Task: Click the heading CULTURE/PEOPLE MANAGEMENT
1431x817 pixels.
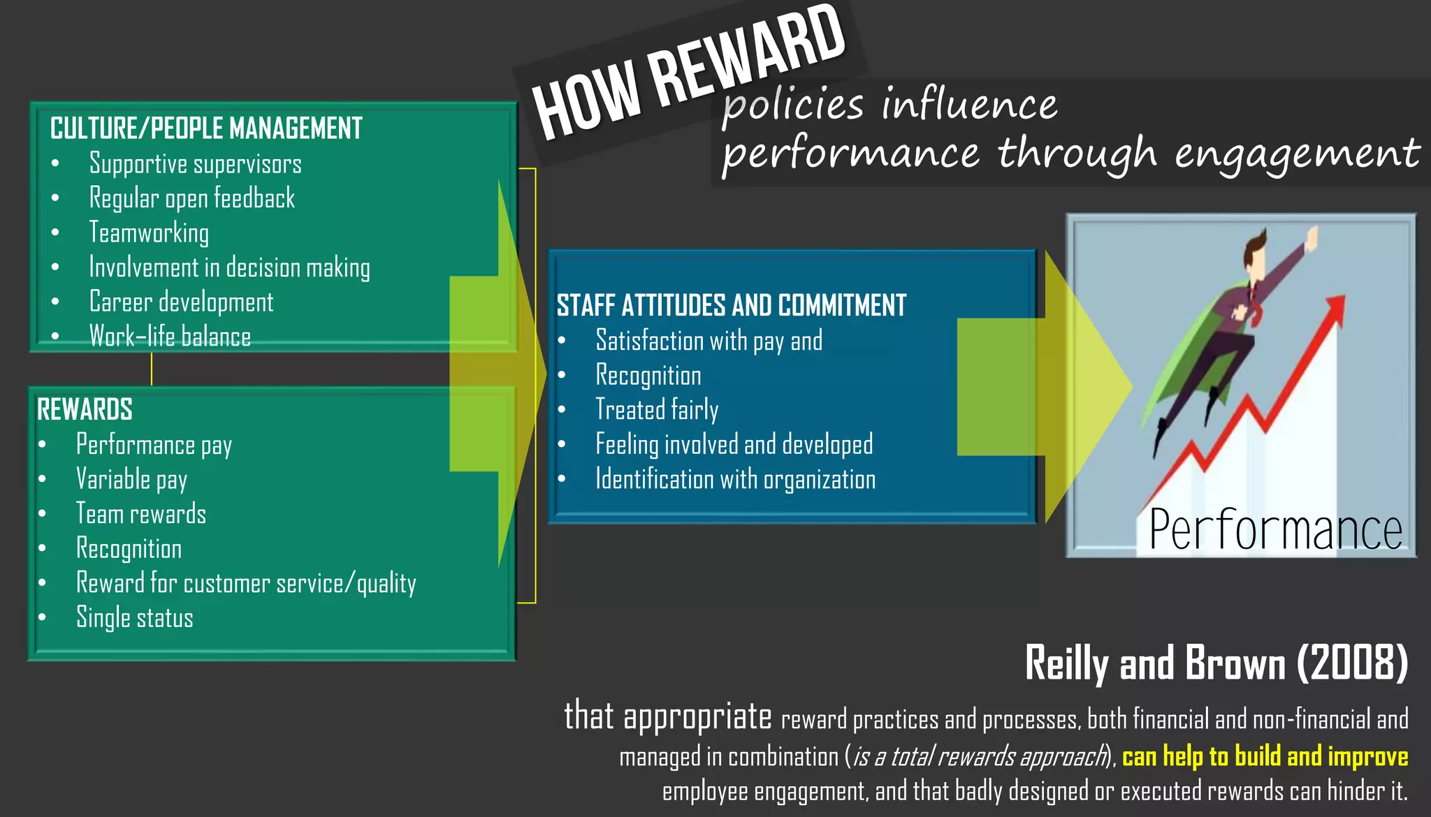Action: (x=206, y=128)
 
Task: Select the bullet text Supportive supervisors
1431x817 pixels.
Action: (x=195, y=164)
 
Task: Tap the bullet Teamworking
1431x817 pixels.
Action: (x=149, y=233)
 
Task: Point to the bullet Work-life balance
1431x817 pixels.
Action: (x=170, y=337)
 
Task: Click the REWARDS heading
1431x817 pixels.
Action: (x=85, y=410)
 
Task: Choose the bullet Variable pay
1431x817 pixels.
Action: (x=131, y=480)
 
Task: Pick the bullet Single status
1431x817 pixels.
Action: (x=134, y=618)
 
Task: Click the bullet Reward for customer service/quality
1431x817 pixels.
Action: (x=246, y=583)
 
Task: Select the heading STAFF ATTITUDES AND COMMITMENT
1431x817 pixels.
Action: (x=731, y=306)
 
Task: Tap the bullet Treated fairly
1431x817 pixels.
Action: (x=657, y=410)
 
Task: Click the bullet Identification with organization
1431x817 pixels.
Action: (x=735, y=480)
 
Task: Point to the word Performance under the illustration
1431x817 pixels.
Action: (x=1275, y=530)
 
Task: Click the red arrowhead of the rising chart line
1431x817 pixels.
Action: (x=1335, y=307)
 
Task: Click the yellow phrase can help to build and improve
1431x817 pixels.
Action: (x=1265, y=756)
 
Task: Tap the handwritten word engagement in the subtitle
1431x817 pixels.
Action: (x=1297, y=154)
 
